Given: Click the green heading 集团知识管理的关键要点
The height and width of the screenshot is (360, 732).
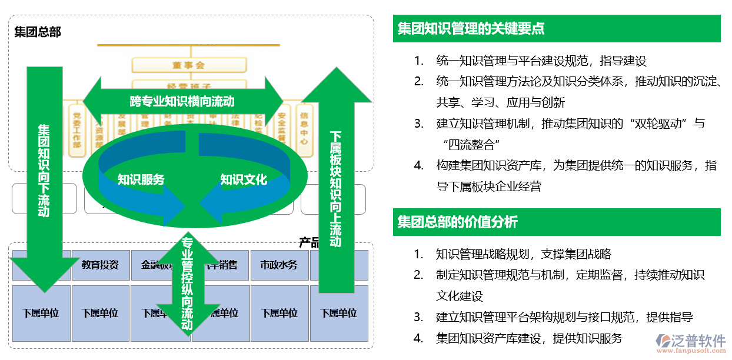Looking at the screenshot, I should [471, 28].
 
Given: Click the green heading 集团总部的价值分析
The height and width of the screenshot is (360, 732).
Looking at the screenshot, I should [457, 222].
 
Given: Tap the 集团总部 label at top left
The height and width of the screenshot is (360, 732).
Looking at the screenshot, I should [38, 31].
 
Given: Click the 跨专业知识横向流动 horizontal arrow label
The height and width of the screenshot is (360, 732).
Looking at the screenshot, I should [182, 101].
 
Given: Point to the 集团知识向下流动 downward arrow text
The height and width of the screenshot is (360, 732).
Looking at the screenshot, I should [44, 171].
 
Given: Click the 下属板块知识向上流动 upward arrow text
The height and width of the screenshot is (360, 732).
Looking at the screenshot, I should [336, 188].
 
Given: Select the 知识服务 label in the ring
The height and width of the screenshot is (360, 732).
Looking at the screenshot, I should [141, 180].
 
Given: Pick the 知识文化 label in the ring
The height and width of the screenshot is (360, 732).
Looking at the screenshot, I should [244, 180].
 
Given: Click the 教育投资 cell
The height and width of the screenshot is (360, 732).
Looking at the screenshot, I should [100, 265].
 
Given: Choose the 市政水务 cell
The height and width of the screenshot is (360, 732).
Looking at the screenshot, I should [279, 265].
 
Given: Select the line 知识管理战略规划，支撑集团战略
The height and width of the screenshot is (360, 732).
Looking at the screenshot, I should [523, 254].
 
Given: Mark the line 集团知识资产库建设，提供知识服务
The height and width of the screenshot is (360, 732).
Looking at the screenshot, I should [528, 338].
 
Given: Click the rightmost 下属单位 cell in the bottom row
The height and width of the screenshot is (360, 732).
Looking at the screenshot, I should [339, 313].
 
